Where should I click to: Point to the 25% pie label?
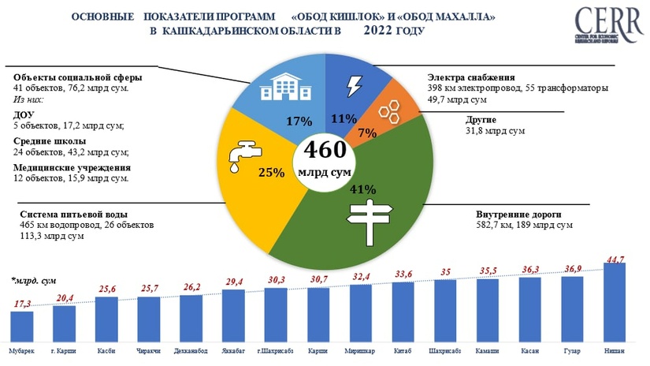[x=272, y=173]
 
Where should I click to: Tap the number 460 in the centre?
[x=325, y=150]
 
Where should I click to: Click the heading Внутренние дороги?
[x=517, y=215]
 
